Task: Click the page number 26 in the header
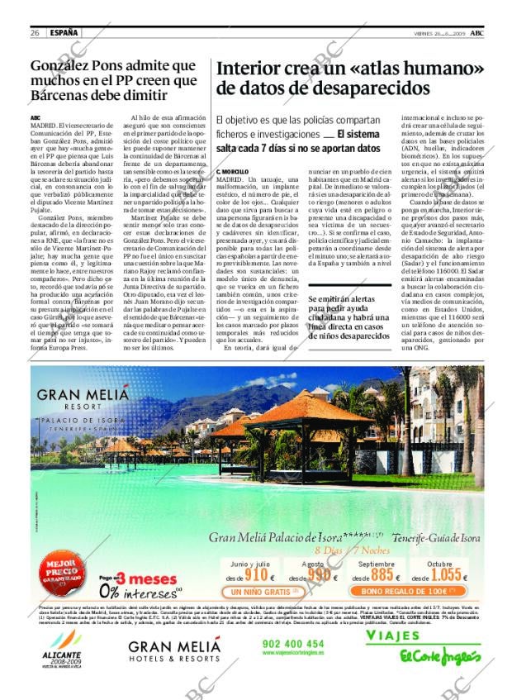click(36, 32)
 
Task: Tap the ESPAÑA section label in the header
click(64, 32)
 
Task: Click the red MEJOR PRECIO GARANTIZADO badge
click(64, 575)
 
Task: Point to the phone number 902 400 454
click(292, 643)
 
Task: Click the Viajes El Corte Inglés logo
click(424, 647)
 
